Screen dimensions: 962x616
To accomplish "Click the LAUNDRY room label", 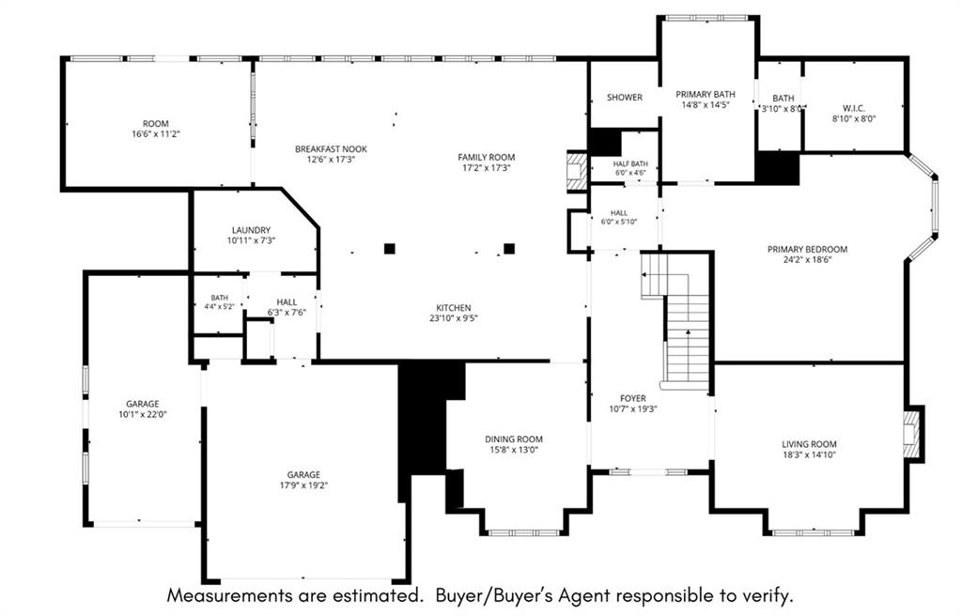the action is (x=251, y=230).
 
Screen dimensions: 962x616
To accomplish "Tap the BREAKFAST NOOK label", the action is (x=332, y=149).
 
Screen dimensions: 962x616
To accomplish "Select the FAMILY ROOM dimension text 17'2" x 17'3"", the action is (x=487, y=167).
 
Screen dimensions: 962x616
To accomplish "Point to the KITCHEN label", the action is (x=454, y=307).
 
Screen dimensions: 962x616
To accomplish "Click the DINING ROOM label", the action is (x=514, y=439).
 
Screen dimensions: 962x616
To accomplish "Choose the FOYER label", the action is (x=632, y=398).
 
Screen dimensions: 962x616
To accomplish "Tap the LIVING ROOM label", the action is (x=809, y=444).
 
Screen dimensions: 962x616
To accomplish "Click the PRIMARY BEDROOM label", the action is (x=807, y=249).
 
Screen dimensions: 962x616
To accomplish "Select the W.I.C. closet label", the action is (x=853, y=108).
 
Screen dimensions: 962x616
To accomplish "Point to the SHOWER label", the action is (x=625, y=97).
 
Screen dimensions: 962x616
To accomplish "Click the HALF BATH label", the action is (x=630, y=163).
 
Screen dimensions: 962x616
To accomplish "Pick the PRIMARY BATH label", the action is (x=705, y=95).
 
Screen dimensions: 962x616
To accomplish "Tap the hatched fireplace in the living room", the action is (x=911, y=435).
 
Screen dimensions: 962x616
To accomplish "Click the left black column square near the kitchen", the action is (x=390, y=249).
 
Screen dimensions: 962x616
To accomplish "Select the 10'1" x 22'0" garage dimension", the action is (x=143, y=415).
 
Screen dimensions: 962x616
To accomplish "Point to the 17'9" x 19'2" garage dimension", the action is (x=303, y=485).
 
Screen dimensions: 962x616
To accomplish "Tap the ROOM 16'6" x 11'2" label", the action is (x=155, y=129).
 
